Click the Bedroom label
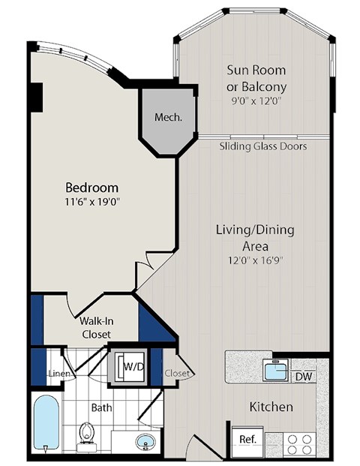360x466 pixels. click(92, 187)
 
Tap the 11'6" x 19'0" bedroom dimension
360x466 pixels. click(92, 201)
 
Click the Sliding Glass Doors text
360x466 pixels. click(263, 146)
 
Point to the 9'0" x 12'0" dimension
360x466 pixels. click(257, 100)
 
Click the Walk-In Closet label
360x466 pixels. click(96, 327)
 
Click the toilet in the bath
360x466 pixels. click(87, 433)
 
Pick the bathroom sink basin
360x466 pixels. click(145, 440)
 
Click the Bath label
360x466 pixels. click(102, 408)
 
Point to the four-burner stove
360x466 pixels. click(299, 441)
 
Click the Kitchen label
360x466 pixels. click(271, 407)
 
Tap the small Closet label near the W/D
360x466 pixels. click(178, 372)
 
